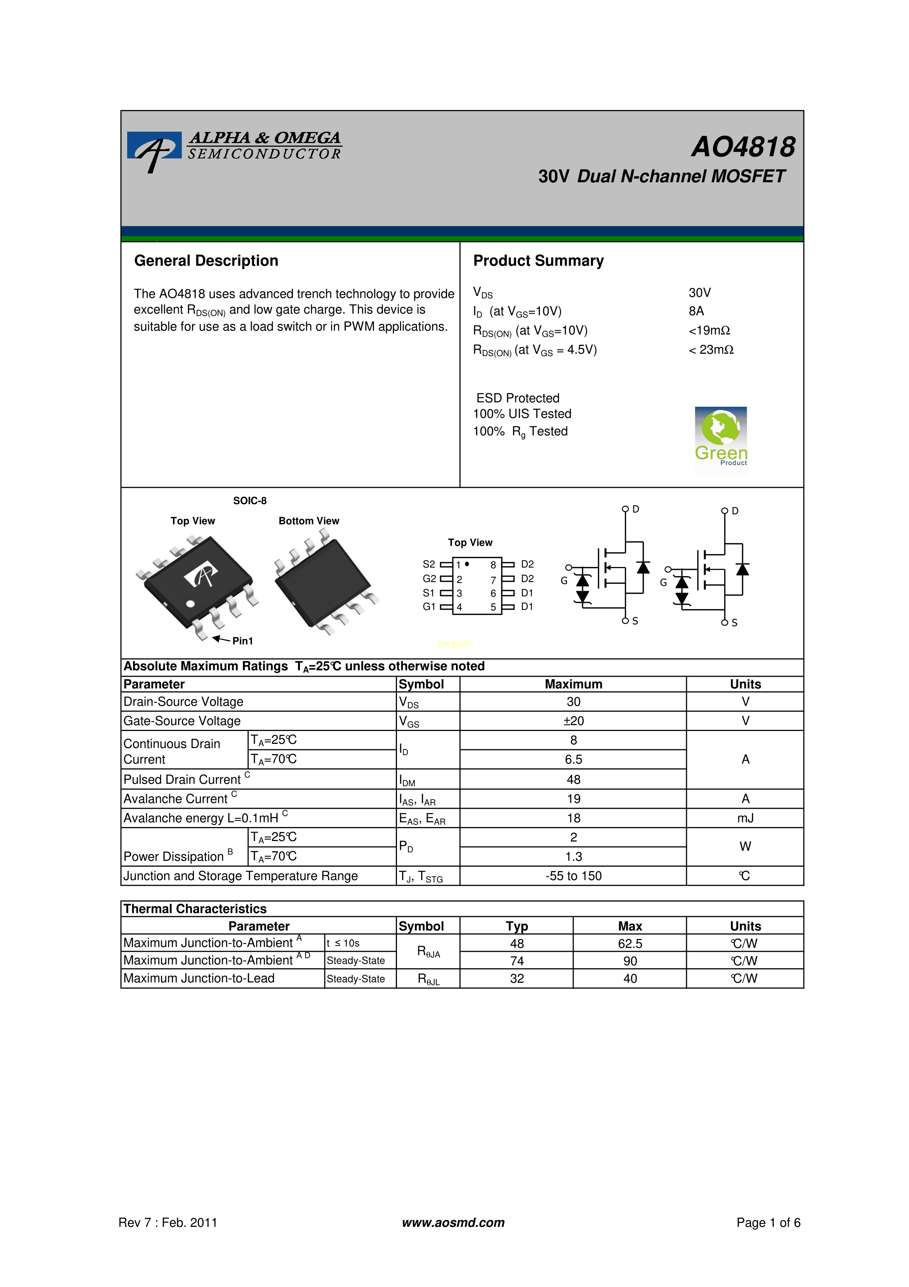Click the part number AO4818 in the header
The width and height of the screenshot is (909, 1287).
coord(743,147)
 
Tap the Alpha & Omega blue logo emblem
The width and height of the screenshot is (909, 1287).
coord(154,149)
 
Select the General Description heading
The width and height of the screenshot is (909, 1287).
coord(206,261)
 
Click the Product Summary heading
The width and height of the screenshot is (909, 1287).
coord(538,261)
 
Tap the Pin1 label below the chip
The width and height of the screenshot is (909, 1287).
coord(243,641)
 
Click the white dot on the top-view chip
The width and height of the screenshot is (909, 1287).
coord(191,604)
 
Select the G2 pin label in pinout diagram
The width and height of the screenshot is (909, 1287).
coord(429,578)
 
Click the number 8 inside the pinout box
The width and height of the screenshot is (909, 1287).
coord(493,565)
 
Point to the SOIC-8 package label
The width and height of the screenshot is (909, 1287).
coord(250,501)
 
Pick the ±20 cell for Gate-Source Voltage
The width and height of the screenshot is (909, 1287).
coord(574,721)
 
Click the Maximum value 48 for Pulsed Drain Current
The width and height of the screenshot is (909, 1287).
coord(574,780)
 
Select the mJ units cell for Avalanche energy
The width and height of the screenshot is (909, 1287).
coord(746,818)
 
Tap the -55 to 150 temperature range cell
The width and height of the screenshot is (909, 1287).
coord(574,876)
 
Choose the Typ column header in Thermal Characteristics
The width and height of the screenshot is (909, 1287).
coord(517,926)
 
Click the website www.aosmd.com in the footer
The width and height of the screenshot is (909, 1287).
coord(453,1222)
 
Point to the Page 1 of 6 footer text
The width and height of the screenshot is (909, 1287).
coord(768,1222)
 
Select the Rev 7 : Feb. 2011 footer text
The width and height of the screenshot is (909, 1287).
coord(168,1222)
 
